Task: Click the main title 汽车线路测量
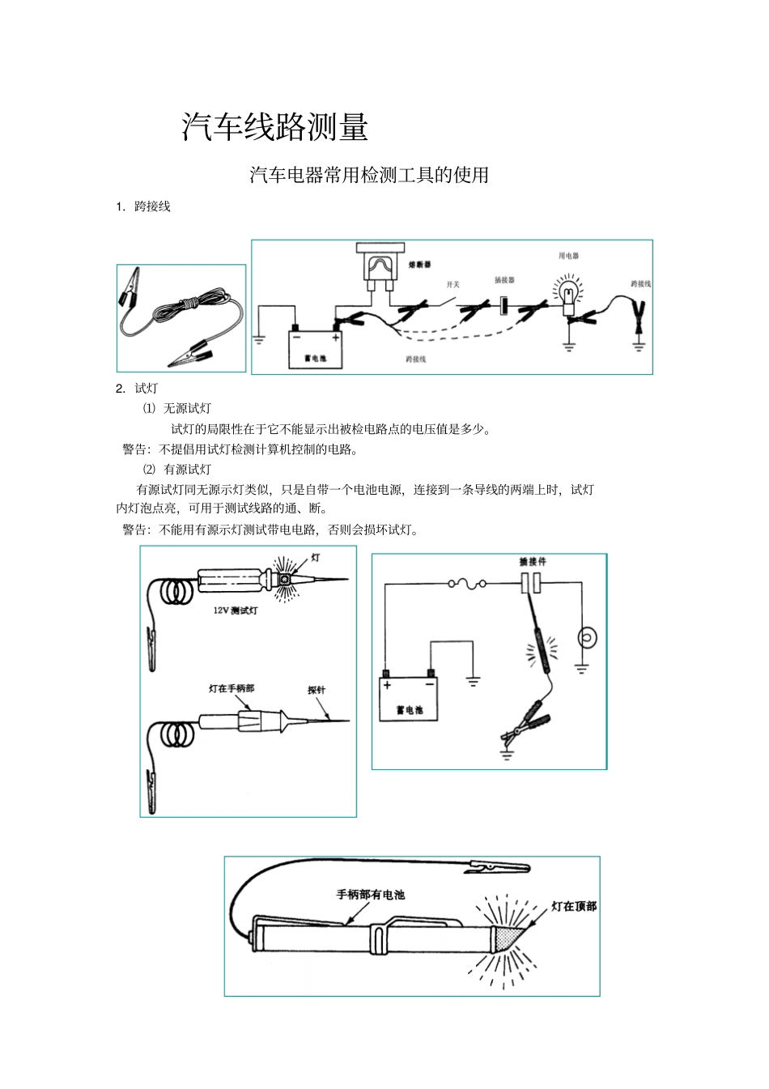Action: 275,128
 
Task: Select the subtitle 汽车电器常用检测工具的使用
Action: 369,175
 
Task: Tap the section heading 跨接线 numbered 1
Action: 152,206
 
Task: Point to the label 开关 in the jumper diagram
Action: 452,285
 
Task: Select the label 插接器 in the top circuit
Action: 504,280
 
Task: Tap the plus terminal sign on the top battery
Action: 335,338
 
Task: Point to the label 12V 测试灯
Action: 236,611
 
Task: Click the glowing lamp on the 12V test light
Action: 286,580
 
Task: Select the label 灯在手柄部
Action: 232,688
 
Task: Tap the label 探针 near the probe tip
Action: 317,690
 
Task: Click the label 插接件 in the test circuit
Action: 533,561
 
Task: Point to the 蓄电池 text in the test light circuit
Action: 410,710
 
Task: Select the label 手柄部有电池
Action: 371,895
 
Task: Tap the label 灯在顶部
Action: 573,906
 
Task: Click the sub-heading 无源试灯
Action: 187,408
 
